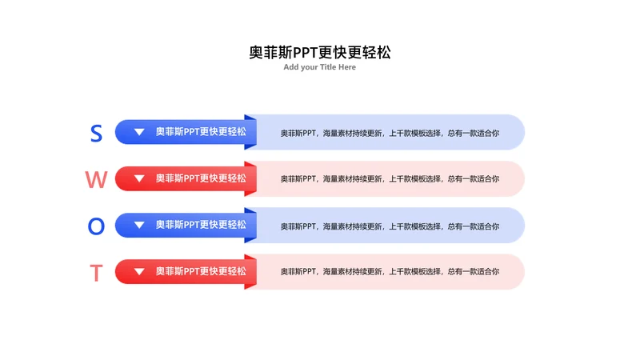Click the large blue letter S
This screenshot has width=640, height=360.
(x=96, y=134)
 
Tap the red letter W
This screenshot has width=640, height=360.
(x=96, y=179)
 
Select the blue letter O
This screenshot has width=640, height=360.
(x=96, y=226)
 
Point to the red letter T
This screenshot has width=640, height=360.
(x=96, y=273)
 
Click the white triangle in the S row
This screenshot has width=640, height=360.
(x=139, y=132)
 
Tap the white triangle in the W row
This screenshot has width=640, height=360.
(x=139, y=178)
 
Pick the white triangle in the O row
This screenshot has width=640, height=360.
(x=139, y=225)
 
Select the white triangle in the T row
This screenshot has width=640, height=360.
(x=139, y=271)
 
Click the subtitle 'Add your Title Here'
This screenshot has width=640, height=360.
(x=319, y=67)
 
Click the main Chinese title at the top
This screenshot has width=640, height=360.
(x=320, y=52)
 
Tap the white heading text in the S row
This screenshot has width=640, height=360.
(x=201, y=132)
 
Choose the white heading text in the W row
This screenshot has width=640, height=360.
(x=201, y=178)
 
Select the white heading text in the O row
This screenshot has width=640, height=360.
(x=201, y=225)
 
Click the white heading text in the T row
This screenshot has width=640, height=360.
(x=201, y=271)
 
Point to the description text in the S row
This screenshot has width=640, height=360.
(x=390, y=133)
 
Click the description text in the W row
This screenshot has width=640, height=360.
(x=390, y=178)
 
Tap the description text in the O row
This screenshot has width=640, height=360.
(x=390, y=226)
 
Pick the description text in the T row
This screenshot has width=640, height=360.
(x=390, y=271)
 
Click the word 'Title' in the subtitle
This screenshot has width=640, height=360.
(x=328, y=67)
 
